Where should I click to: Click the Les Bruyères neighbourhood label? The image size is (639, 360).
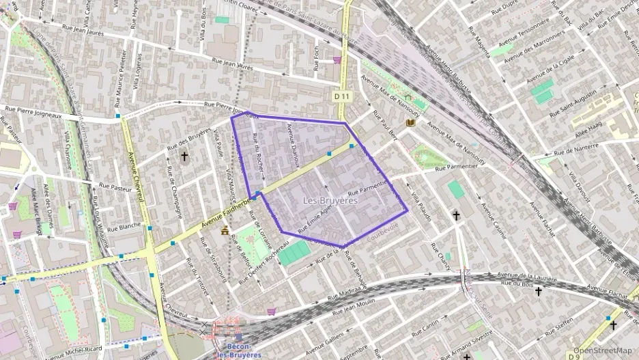tap(330, 200)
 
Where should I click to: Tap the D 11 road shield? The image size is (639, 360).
tap(342, 97)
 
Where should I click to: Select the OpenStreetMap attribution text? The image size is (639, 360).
tap(603, 350)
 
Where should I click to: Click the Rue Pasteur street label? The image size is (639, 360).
tap(115, 185)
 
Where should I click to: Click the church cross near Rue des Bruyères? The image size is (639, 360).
tap(184, 156)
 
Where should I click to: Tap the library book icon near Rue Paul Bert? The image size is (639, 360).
tap(410, 123)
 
